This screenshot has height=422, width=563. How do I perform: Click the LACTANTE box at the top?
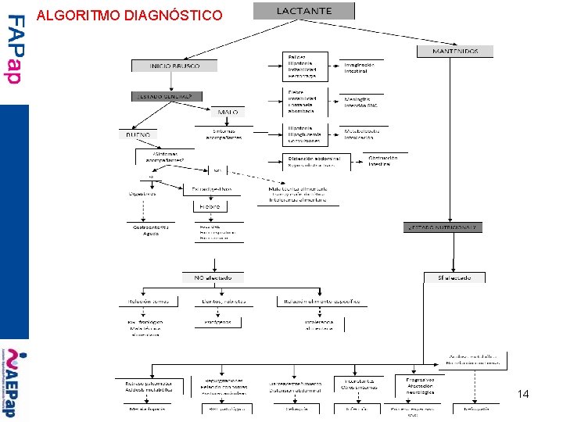303,11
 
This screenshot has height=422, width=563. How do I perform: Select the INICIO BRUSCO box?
174,66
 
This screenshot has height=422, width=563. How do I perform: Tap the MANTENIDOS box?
455,52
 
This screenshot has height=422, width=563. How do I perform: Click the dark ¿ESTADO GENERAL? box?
167,96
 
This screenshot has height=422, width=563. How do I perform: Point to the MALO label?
228,113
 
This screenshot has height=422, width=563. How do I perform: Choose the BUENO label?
138,134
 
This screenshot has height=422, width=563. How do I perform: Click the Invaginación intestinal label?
359,68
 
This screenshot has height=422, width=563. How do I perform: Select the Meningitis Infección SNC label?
361,102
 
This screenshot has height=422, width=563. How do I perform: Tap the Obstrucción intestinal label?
383,161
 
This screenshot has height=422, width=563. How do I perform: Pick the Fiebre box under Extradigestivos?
210,207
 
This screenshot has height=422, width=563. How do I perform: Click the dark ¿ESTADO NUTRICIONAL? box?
443,227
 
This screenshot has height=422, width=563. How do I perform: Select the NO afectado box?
213,277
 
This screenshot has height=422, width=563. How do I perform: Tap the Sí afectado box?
454,277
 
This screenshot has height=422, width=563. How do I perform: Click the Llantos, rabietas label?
224,301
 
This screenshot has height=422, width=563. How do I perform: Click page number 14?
523,395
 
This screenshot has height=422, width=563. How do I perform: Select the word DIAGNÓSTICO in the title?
173,15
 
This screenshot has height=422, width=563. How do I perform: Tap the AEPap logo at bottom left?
13,383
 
